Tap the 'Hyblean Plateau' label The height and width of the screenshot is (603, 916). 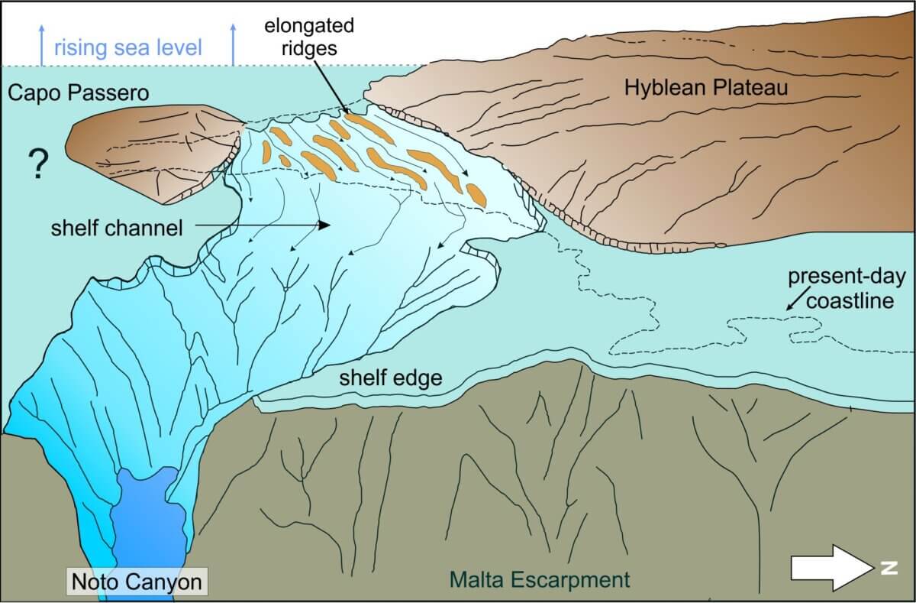click(x=706, y=89)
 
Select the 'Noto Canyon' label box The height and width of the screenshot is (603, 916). click(x=137, y=582)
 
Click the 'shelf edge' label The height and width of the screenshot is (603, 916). click(x=391, y=377)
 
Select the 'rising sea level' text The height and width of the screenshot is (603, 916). click(x=128, y=48)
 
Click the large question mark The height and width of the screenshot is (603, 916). click(x=34, y=164)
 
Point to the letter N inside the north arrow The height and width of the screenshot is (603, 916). click(x=887, y=567)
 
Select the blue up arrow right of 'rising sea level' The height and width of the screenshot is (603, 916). click(x=234, y=44)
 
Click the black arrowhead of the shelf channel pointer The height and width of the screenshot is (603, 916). click(x=324, y=225)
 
